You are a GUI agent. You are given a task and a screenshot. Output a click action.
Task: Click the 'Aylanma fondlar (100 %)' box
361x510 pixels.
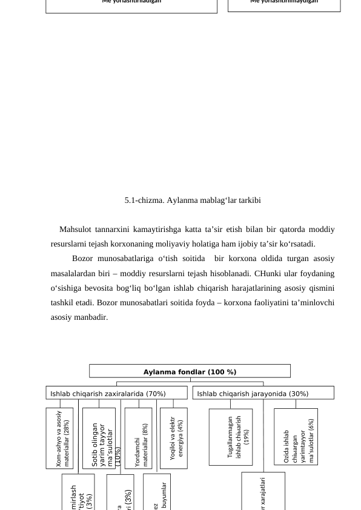tap(190, 371)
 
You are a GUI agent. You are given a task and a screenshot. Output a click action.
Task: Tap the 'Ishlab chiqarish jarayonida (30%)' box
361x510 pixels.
tap(263, 394)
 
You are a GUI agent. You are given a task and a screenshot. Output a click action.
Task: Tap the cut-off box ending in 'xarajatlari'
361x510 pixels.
tap(263, 492)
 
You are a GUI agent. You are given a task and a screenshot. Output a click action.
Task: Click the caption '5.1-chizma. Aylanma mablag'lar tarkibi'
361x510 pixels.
tap(193, 200)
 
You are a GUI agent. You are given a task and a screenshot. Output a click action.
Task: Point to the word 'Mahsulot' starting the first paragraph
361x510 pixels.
tap(75, 230)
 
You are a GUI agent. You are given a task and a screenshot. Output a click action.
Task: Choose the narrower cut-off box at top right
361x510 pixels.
tap(284, 4)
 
